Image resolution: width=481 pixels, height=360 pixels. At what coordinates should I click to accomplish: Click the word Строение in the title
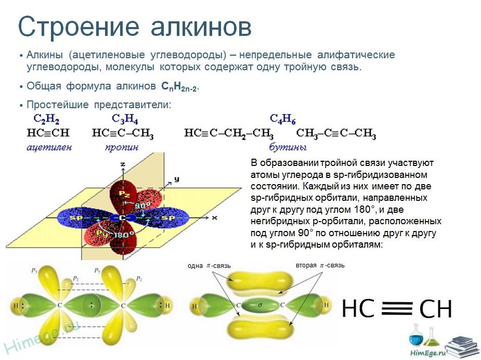tap(79, 27)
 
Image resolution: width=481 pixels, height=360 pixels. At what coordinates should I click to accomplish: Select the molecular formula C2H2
tap(46, 119)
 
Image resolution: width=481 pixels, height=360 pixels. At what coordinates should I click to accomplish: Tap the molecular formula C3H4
tap(125, 119)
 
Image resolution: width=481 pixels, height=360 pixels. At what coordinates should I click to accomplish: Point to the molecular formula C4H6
tap(282, 119)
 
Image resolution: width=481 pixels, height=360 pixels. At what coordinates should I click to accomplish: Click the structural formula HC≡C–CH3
tap(123, 133)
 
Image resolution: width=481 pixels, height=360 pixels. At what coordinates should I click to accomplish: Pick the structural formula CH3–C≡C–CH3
tap(336, 133)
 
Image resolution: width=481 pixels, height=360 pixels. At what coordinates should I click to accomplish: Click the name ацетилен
tap(49, 147)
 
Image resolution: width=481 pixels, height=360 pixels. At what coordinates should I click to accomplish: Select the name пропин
tap(122, 148)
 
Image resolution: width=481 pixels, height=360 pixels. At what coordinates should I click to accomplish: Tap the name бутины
tap(288, 147)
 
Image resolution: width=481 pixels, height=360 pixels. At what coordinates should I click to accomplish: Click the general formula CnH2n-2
tap(180, 86)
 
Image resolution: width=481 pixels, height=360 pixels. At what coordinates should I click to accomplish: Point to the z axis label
tap(123, 164)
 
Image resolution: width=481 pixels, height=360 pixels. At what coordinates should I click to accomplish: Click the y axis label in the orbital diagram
tap(176, 179)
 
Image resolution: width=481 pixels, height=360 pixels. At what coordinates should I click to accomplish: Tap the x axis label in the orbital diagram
tap(214, 217)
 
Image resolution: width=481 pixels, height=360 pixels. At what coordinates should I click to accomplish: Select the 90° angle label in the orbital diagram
tap(142, 205)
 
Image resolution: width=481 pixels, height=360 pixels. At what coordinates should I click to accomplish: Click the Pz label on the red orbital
tap(124, 194)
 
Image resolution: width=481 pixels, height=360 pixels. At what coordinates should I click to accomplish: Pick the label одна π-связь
tap(209, 266)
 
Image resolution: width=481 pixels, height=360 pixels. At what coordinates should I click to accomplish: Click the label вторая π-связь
tap(320, 265)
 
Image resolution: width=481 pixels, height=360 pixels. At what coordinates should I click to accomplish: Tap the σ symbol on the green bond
tap(260, 305)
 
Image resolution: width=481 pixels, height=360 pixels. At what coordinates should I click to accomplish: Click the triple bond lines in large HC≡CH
tap(397, 308)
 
